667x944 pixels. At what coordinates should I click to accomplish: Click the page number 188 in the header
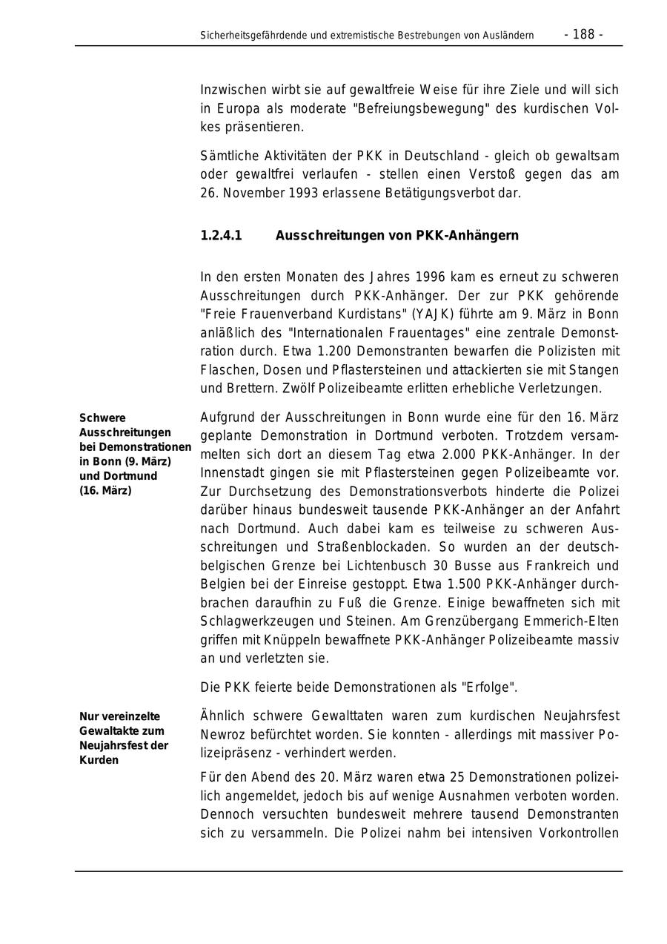(x=583, y=34)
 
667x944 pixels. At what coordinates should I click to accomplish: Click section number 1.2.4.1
(x=221, y=236)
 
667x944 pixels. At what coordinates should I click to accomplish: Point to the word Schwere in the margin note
(x=102, y=418)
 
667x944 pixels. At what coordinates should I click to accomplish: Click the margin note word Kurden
(x=99, y=760)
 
